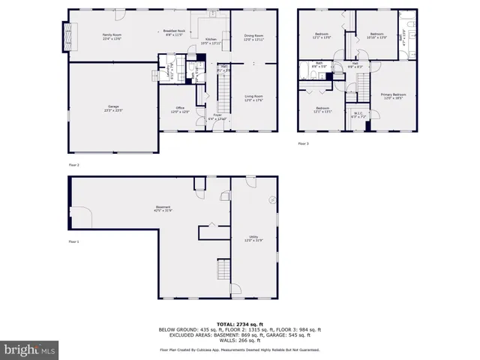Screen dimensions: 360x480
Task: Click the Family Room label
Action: (112, 35)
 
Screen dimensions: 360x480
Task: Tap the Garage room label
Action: (112, 109)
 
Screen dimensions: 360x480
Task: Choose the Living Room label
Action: (253, 97)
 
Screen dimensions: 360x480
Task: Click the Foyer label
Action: (216, 118)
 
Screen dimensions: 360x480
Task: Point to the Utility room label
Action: (253, 238)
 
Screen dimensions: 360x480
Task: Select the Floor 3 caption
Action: (303, 143)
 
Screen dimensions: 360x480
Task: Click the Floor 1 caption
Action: (73, 241)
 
